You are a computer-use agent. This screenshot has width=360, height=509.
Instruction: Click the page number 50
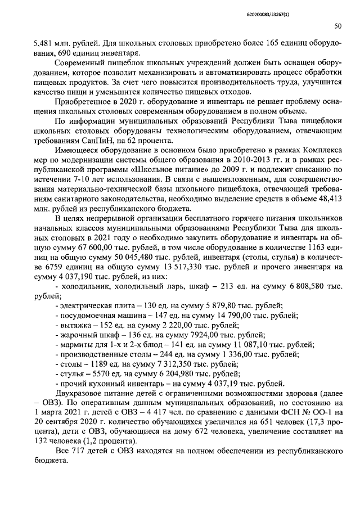coord(338,26)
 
